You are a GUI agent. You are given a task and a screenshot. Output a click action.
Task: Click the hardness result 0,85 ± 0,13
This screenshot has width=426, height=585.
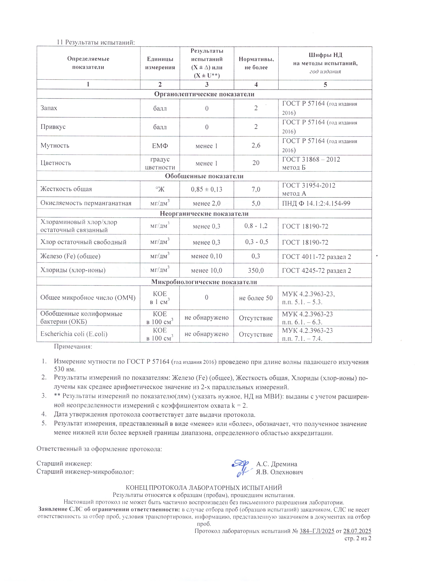point(206,189)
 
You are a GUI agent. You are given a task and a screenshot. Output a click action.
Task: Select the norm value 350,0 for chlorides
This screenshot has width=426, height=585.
point(256,270)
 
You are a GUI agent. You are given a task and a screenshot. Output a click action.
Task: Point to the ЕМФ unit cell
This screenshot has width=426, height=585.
point(160,146)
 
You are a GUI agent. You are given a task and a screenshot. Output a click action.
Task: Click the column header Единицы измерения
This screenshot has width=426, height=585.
point(160,63)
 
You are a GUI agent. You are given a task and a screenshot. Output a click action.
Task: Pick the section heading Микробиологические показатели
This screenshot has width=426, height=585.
point(204,282)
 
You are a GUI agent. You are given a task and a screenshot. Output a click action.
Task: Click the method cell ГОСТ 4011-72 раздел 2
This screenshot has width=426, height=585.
point(316,257)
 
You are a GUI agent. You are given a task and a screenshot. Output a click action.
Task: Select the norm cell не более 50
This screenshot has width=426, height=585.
point(256,298)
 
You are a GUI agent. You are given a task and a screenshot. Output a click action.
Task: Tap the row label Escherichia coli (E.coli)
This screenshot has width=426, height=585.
point(74,334)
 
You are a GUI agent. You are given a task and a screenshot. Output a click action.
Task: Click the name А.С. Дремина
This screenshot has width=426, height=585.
point(277,464)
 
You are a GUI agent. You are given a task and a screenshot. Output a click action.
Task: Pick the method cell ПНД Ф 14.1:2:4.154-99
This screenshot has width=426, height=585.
point(316,203)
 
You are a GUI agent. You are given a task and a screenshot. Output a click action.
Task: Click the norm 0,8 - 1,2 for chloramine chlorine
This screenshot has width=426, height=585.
point(256,226)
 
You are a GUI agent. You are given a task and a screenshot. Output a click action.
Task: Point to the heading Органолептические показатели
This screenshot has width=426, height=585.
point(204,94)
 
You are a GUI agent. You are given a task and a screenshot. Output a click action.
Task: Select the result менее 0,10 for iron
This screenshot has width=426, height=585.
point(206,256)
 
